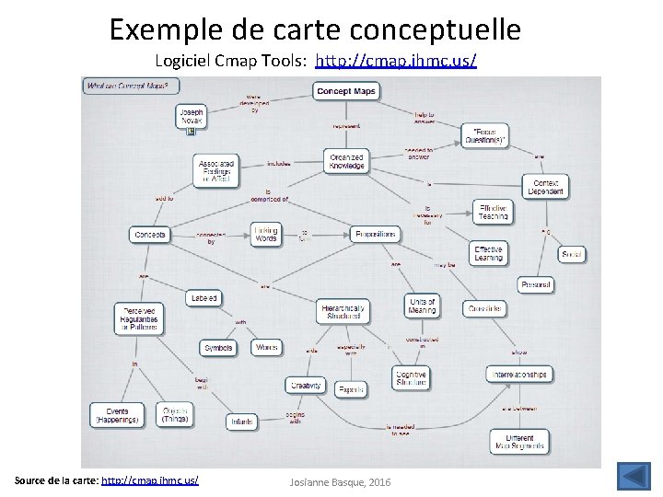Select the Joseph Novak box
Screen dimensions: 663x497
pos(192,115)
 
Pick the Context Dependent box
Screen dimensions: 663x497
pos(545,187)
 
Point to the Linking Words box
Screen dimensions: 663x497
pos(266,234)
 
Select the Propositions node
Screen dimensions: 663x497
pos(376,235)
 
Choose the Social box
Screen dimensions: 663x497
pos(572,253)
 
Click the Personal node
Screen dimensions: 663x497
pos(536,286)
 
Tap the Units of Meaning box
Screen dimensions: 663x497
pos(421,306)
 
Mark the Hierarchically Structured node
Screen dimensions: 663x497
pos(343,311)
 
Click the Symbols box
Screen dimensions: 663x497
pos(217,348)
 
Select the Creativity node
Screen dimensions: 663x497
pos(304,386)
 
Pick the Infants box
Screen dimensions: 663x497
pos(241,422)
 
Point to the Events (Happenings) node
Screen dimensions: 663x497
pos(117,414)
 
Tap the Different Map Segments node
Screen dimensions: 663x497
pos(519,440)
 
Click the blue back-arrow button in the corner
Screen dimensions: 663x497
pos(632,478)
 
